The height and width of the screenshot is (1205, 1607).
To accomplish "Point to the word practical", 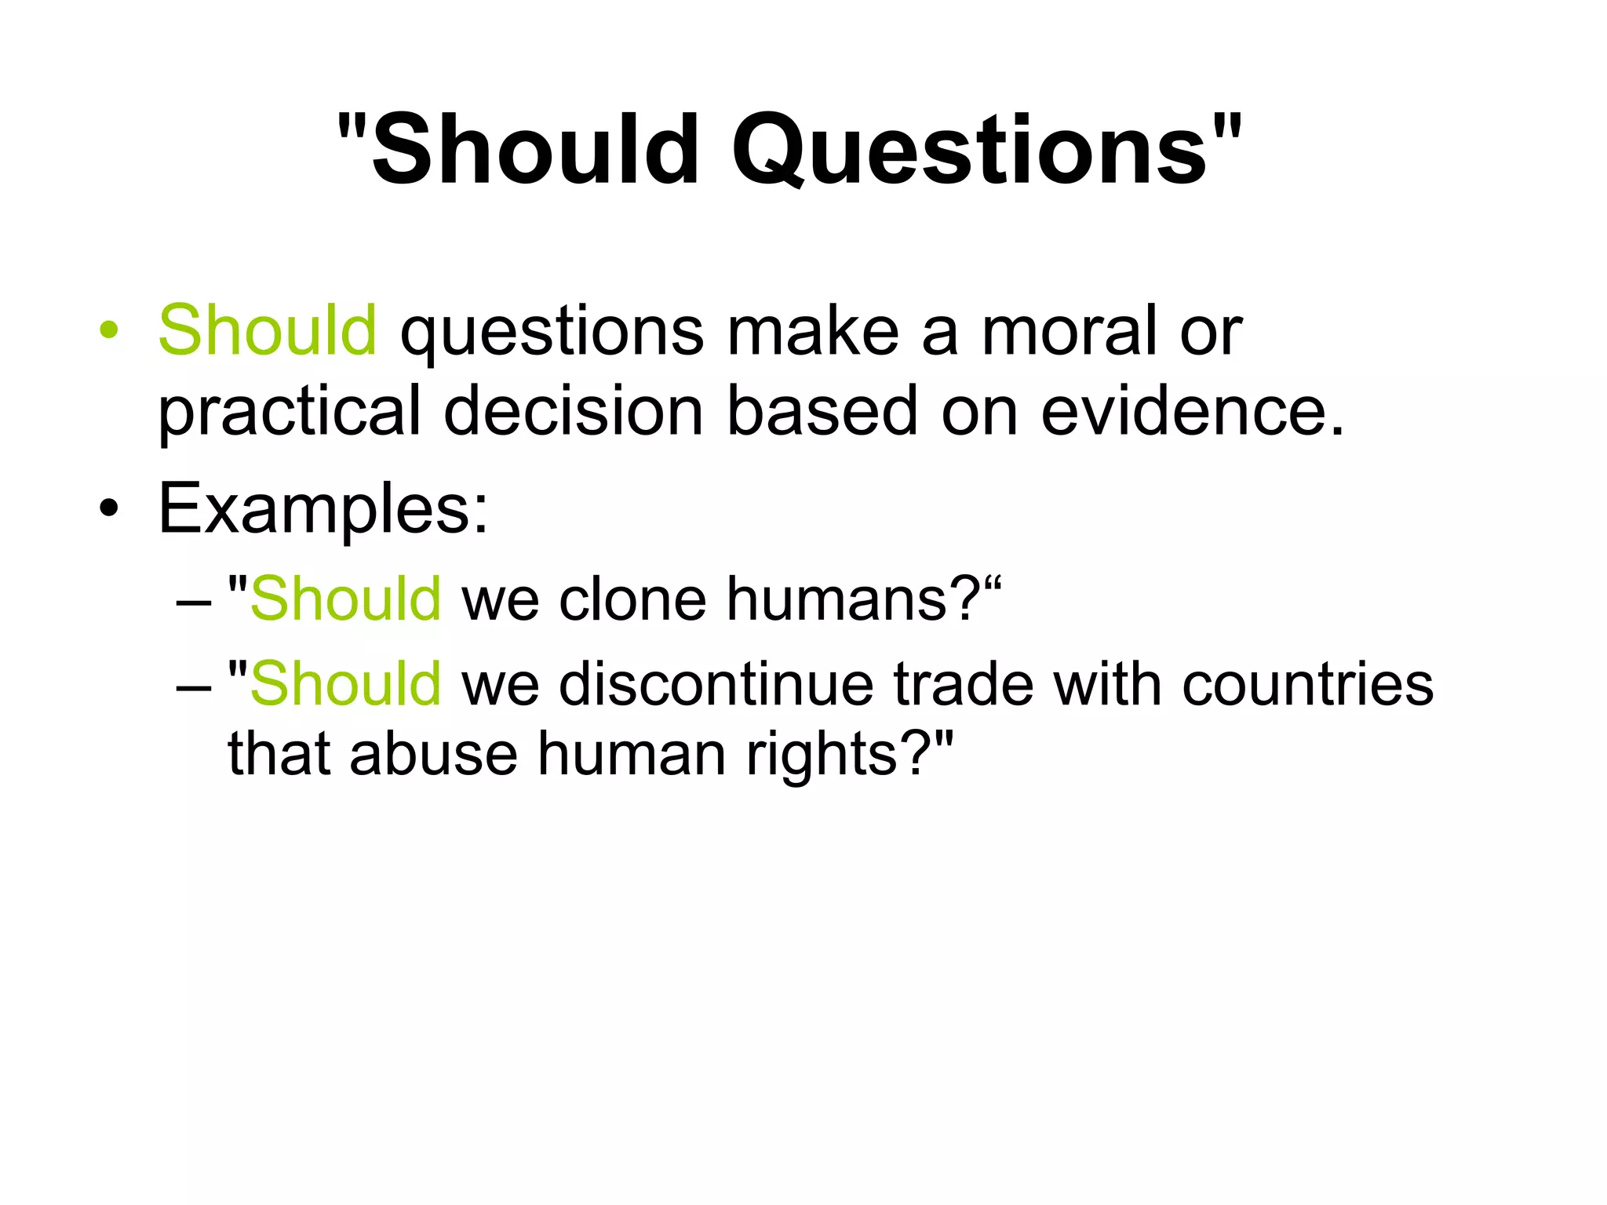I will (290, 412).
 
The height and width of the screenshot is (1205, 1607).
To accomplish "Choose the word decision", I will (573, 412).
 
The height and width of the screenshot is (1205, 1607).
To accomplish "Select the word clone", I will (632, 599).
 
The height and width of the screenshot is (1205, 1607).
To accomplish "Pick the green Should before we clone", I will (345, 599).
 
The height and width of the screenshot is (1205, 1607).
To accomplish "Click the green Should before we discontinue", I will (345, 684).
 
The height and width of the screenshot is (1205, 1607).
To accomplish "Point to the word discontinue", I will (716, 684).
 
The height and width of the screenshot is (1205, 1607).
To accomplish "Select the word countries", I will (1307, 684).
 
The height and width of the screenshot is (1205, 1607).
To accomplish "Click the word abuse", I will (433, 754).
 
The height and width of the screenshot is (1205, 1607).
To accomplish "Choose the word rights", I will (820, 754).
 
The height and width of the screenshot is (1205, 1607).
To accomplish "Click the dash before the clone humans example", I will (194, 602).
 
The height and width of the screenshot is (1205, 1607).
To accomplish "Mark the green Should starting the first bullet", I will (268, 330).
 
